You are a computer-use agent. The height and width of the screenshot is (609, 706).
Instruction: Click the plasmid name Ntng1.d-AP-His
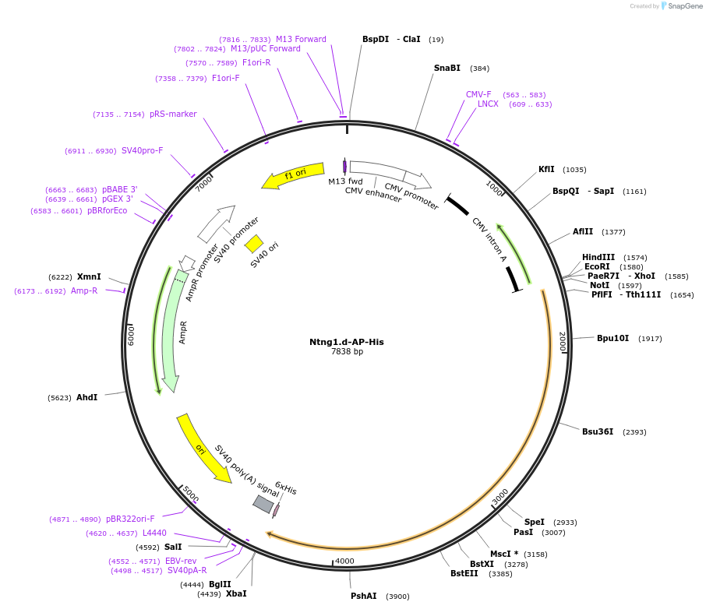pyautogui.click(x=346, y=342)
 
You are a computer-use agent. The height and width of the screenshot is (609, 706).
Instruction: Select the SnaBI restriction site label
pyautogui.click(x=447, y=68)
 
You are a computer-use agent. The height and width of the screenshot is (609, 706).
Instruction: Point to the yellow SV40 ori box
pyautogui.click(x=254, y=244)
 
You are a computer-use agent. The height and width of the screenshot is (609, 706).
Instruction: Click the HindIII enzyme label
pyautogui.click(x=598, y=257)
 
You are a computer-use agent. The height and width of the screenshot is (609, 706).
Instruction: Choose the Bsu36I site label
pyautogui.click(x=598, y=431)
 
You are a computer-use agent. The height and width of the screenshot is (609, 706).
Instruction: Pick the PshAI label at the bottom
pyautogui.click(x=363, y=596)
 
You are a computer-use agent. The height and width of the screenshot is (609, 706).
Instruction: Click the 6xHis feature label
pyautogui.click(x=286, y=488)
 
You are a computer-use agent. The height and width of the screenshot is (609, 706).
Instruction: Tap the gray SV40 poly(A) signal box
pyautogui.click(x=263, y=504)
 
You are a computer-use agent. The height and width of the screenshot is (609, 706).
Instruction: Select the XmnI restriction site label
pyautogui.click(x=89, y=276)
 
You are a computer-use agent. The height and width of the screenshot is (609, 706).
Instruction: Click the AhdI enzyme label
pyautogui.click(x=86, y=397)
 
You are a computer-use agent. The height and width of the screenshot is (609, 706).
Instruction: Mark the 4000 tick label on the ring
pyautogui.click(x=344, y=561)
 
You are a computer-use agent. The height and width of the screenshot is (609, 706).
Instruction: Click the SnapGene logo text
pyautogui.click(x=682, y=6)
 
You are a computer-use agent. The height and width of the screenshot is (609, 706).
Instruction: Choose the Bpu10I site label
pyautogui.click(x=612, y=338)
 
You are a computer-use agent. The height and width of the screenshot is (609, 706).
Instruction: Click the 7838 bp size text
pyautogui.click(x=347, y=352)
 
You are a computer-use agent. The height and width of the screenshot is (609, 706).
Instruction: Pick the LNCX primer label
pyautogui.click(x=488, y=104)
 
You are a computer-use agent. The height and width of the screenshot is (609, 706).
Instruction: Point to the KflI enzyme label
pyautogui.click(x=546, y=169)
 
